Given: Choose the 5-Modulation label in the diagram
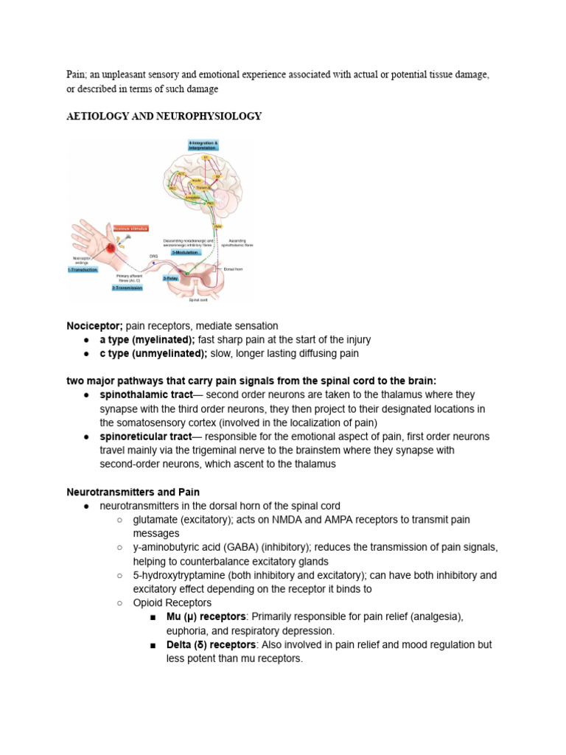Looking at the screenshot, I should pyautogui.click(x=186, y=252).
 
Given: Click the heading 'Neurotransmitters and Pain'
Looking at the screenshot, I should pyautogui.click(x=133, y=492).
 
